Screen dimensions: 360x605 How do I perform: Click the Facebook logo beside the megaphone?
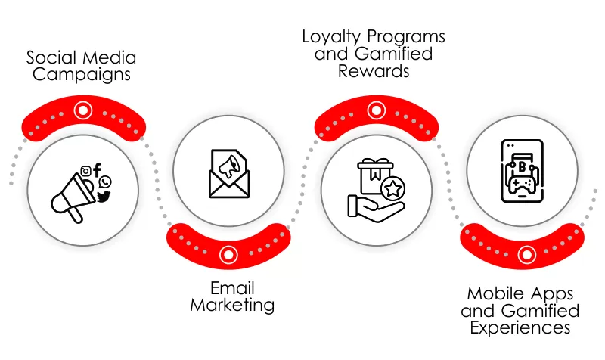(x=97, y=171)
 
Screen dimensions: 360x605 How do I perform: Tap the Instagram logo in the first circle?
(x=86, y=172)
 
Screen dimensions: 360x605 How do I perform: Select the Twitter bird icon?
(x=104, y=196)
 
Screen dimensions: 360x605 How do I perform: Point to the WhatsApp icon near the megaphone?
(x=105, y=182)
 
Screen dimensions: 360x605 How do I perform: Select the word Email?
(x=232, y=288)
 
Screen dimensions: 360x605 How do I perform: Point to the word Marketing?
(x=232, y=306)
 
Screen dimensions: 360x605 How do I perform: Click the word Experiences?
(x=520, y=327)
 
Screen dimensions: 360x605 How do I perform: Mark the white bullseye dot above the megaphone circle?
(x=81, y=110)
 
